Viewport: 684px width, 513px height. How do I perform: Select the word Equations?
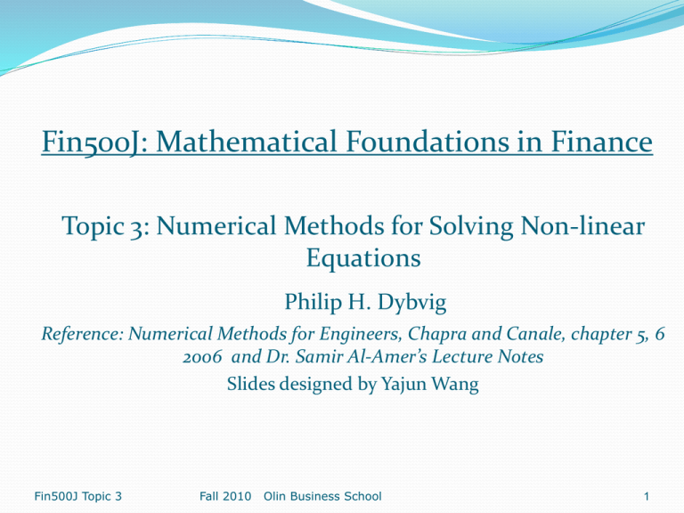point(363,258)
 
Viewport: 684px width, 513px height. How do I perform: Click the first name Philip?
point(313,302)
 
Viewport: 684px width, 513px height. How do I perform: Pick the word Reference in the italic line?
point(83,334)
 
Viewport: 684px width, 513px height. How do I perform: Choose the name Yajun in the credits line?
point(403,385)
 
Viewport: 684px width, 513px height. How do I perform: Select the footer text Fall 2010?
point(225,496)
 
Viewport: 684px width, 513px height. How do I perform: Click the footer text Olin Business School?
point(322,496)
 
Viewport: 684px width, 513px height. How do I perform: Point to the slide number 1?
point(647,496)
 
